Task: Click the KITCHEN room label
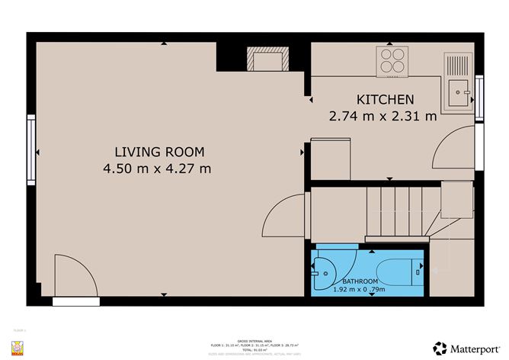click(385, 99)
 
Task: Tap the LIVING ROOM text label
click(157, 151)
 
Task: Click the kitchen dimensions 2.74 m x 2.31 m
click(383, 117)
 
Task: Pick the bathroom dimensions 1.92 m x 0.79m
click(370, 290)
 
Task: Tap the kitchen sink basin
click(460, 95)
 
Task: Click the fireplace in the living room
click(267, 59)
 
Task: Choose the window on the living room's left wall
click(31, 150)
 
